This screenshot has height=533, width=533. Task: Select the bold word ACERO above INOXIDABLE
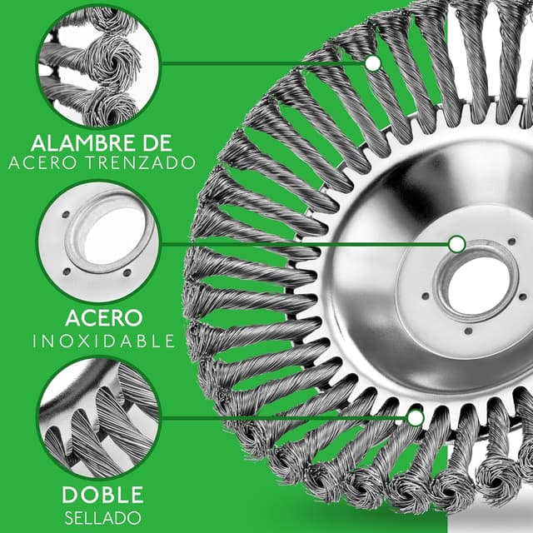[103, 318]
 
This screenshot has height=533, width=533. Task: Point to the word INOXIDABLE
[103, 341]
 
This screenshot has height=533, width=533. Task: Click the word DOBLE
[102, 495]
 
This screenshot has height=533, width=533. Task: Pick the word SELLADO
[103, 518]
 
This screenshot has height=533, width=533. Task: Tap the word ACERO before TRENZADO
[42, 163]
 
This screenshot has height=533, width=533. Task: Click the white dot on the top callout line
[373, 63]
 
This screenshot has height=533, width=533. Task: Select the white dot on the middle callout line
[457, 244]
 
